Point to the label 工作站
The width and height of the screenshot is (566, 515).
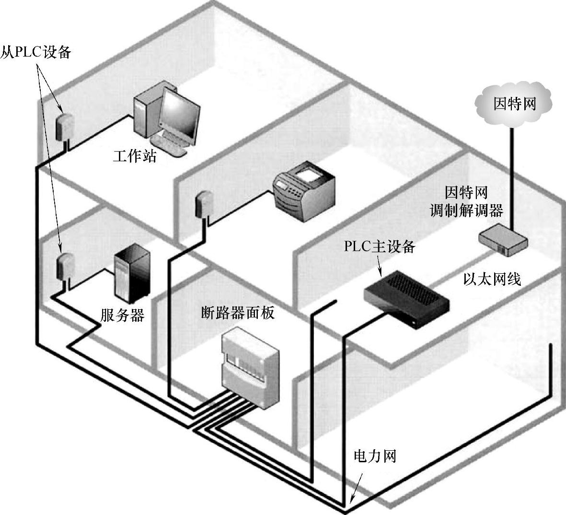click(x=135, y=156)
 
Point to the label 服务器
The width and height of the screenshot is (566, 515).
click(x=122, y=315)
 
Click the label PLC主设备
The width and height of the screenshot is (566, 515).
click(x=379, y=246)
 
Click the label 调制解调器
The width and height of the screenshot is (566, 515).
click(x=466, y=211)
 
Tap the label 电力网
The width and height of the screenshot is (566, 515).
click(x=375, y=456)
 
